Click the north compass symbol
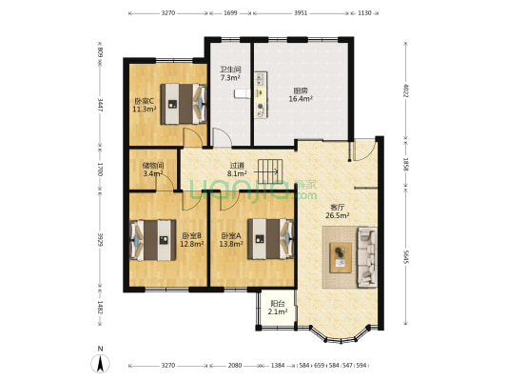pyautogui.click(x=100, y=360)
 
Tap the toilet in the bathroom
pyautogui.click(x=243, y=93)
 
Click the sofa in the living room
pyautogui.click(x=367, y=257)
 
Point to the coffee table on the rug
pyautogui.click(x=341, y=258)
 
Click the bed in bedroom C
pyautogui.click(x=184, y=104)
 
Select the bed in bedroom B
pyautogui.click(x=152, y=240)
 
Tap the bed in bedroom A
pyautogui.click(x=271, y=239)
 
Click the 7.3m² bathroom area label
pyautogui.click(x=230, y=78)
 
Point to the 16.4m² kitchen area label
pyautogui.click(x=301, y=99)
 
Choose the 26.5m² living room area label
pyautogui.click(x=338, y=215)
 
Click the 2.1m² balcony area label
pyautogui.click(x=278, y=311)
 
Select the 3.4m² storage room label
pyautogui.click(x=153, y=173)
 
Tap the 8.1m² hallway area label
pyautogui.click(x=237, y=173)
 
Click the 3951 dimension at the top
pyautogui.click(x=301, y=13)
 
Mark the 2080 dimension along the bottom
pyautogui.click(x=235, y=366)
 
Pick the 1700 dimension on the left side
pyautogui.click(x=100, y=170)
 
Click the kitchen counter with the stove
pyautogui.click(x=261, y=95)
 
